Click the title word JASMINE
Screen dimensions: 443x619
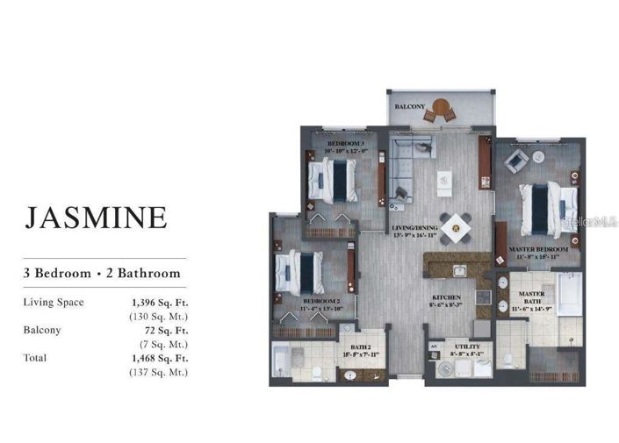[x=97, y=217]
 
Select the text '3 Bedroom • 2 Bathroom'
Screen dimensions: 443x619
[x=102, y=273]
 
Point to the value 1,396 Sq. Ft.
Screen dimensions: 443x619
[x=160, y=303]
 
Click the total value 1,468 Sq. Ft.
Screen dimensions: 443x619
[x=160, y=358]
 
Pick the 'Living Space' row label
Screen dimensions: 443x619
[x=54, y=303]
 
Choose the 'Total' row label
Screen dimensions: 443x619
[x=36, y=358]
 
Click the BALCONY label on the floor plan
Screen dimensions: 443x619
[x=410, y=107]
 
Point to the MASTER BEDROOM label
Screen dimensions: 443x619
[x=538, y=249]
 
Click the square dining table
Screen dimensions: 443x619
[x=456, y=228]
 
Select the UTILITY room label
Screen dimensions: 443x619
[x=466, y=347]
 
